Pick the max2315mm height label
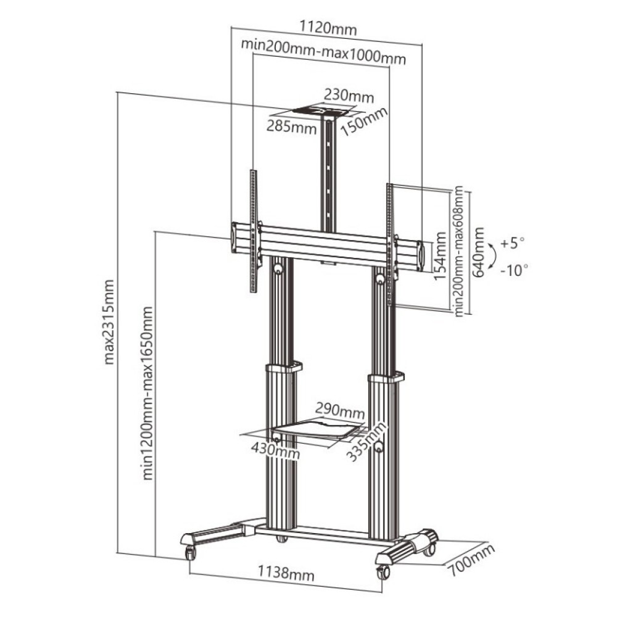point(109,321)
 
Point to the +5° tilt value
point(511,242)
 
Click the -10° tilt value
point(513,269)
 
